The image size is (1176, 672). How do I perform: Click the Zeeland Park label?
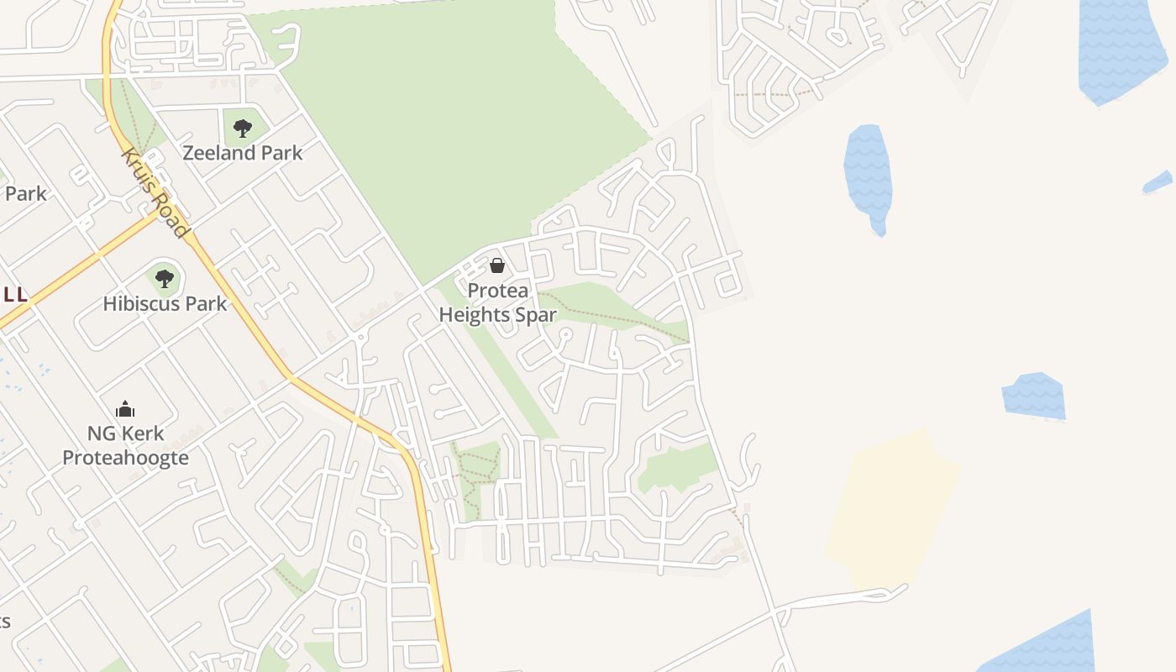[x=243, y=153]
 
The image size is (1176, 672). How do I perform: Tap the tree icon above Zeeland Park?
[x=243, y=129]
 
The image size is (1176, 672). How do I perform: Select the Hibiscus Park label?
[x=165, y=303]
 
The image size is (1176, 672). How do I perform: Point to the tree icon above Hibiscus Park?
[x=165, y=278]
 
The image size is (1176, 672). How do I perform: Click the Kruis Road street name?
[x=155, y=192]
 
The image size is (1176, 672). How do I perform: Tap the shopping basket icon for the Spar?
[x=497, y=266]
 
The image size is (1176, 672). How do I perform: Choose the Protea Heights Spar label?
[x=497, y=302]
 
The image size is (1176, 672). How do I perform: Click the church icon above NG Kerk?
[x=125, y=409]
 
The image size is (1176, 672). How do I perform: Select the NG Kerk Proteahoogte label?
[x=125, y=445]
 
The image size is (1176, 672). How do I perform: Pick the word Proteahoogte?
[x=125, y=458]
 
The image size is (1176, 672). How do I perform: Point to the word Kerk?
[x=142, y=433]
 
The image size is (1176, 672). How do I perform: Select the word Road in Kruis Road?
[x=172, y=217]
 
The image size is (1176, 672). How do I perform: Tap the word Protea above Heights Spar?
[x=498, y=291]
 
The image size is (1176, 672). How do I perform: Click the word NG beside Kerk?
[x=101, y=433]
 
